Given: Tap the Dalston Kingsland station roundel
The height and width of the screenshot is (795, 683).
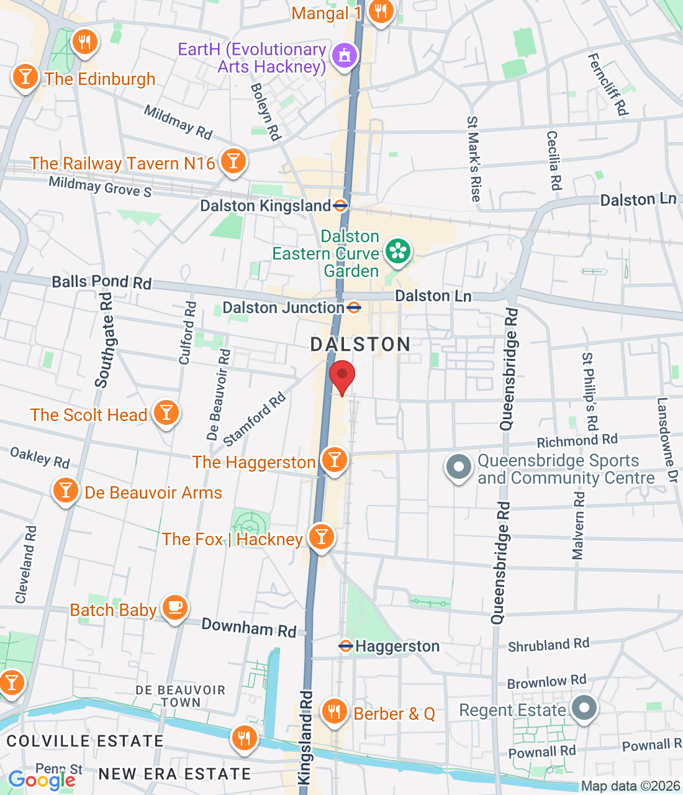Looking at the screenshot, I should pyautogui.click(x=340, y=206).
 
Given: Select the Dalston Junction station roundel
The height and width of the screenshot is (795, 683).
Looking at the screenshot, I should pyautogui.click(x=354, y=307).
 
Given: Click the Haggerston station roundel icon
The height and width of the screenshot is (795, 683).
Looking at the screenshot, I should pyautogui.click(x=345, y=646).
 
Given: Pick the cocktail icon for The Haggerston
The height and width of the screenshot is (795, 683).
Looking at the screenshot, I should pyautogui.click(x=335, y=460).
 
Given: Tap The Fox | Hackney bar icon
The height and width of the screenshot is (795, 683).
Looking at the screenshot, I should pyautogui.click(x=321, y=537).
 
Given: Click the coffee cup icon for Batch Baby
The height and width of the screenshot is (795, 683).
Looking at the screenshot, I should pyautogui.click(x=175, y=607).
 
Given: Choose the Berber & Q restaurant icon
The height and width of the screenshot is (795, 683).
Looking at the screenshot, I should pyautogui.click(x=335, y=711).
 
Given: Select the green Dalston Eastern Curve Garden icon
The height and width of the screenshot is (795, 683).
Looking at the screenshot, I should pyautogui.click(x=398, y=252).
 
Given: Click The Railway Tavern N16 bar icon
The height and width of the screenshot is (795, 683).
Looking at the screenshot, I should pyautogui.click(x=233, y=161).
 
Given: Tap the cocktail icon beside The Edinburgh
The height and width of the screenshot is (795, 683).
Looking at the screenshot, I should pyautogui.click(x=25, y=77).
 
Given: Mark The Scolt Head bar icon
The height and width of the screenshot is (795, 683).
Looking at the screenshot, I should pyautogui.click(x=166, y=412).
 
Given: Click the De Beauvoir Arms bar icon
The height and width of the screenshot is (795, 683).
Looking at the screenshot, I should pyautogui.click(x=65, y=491).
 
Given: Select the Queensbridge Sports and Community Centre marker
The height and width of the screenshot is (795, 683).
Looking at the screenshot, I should pyautogui.click(x=459, y=467).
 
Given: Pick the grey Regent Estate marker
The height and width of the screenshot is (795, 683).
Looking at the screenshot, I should pyautogui.click(x=584, y=707).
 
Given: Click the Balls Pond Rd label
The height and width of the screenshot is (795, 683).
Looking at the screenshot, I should pyautogui.click(x=102, y=283).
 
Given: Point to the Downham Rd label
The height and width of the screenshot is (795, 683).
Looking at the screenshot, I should pyautogui.click(x=249, y=628).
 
